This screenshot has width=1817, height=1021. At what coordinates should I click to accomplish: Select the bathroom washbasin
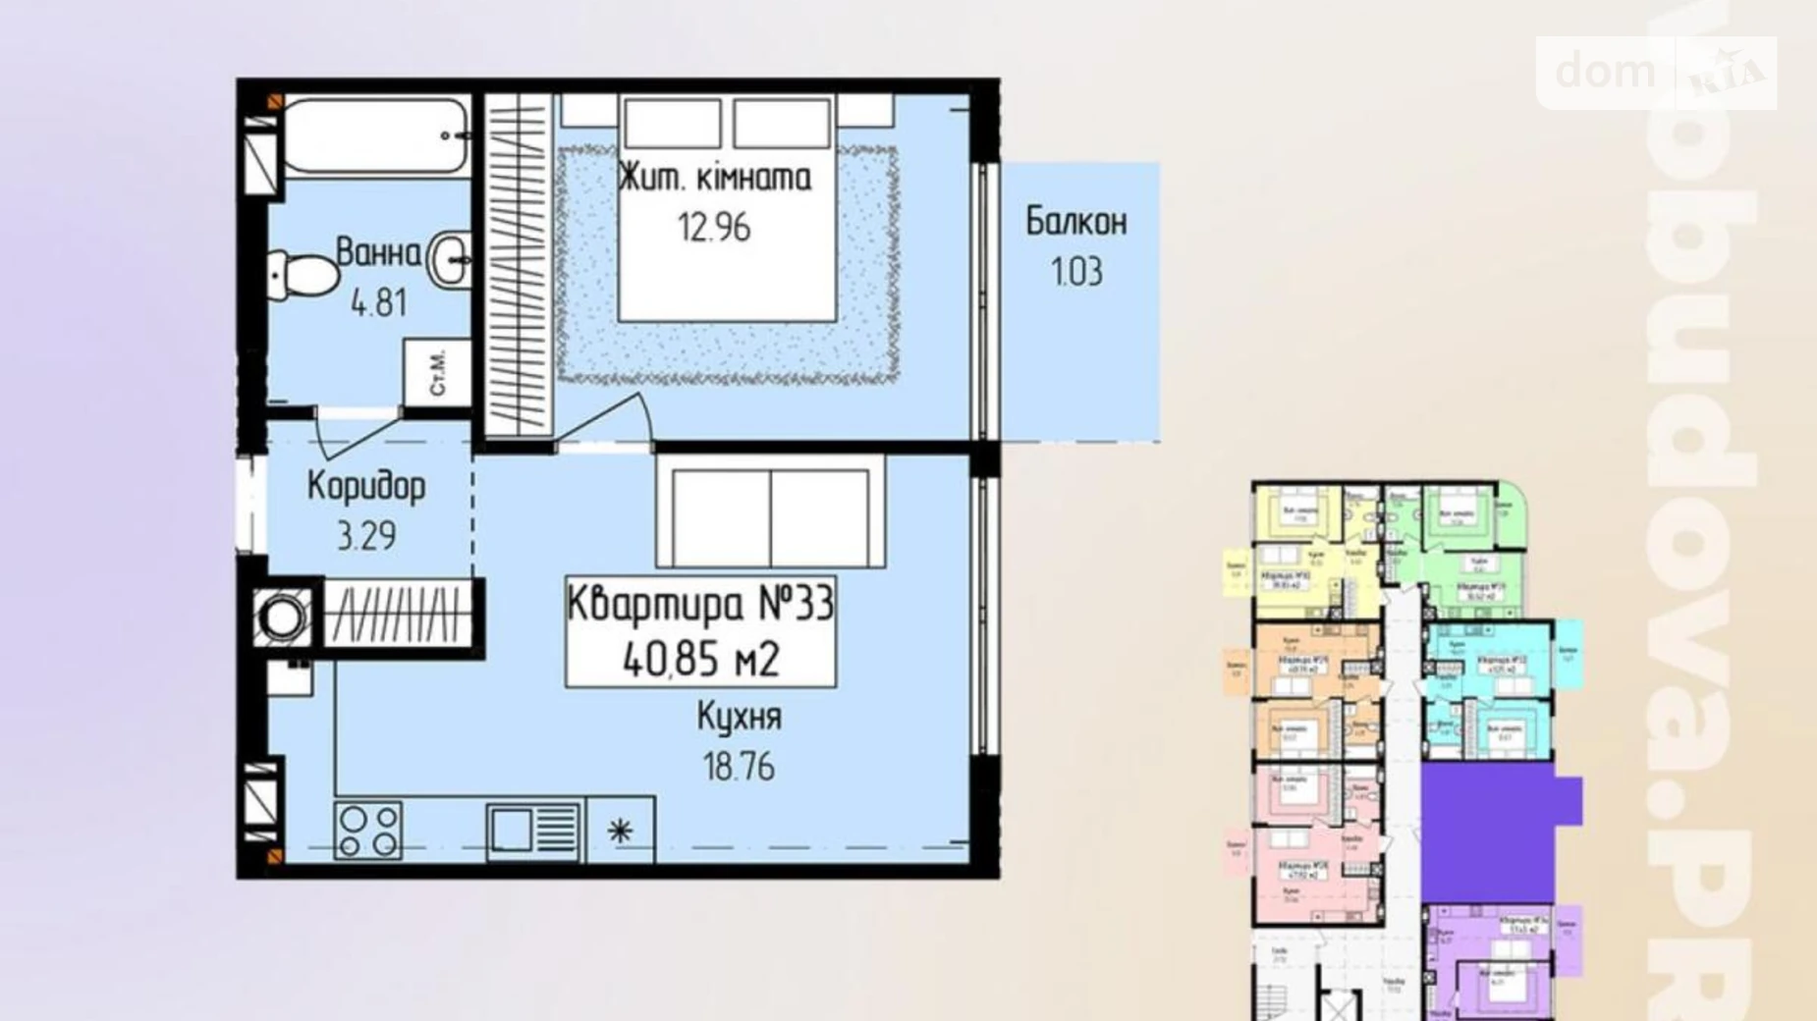point(450,258)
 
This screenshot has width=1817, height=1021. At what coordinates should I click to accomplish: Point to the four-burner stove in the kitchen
point(368,832)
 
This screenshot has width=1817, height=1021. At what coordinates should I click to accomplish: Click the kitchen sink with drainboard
point(534,832)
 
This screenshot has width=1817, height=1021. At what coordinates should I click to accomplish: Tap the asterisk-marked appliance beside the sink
point(620,832)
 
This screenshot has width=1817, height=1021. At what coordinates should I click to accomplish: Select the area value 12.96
point(714,228)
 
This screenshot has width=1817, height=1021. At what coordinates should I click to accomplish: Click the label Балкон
point(1076,222)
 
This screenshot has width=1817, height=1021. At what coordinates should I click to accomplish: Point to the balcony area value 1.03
point(1076,272)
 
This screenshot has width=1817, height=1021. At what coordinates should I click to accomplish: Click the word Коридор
point(366,486)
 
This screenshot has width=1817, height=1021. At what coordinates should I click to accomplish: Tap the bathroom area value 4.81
point(379,302)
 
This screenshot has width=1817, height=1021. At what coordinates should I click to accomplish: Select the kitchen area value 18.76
point(739,766)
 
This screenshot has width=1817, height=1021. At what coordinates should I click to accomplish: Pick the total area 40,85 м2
point(700,660)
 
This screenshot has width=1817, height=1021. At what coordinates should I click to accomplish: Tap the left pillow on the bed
point(672,125)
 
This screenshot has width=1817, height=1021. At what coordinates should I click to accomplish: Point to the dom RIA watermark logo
point(1656,73)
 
